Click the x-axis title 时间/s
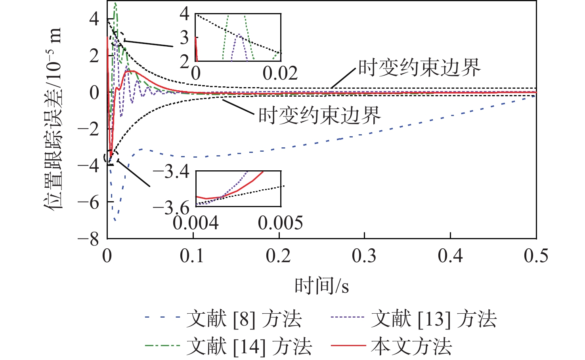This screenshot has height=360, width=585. pyautogui.click(x=321, y=285)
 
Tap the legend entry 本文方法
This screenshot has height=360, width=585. pyautogui.click(x=411, y=346)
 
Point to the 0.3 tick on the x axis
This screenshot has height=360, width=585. pyautogui.click(x=364, y=256)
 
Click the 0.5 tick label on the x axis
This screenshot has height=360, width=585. pyautogui.click(x=536, y=256)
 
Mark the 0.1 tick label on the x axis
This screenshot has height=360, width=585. pyautogui.click(x=193, y=256)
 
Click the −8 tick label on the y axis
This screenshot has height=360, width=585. pyautogui.click(x=89, y=239)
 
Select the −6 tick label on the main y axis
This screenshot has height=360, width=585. pyautogui.click(x=89, y=202)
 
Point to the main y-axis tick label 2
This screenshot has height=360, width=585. pyautogui.click(x=94, y=56)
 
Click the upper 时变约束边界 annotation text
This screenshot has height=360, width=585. pyautogui.click(x=419, y=68)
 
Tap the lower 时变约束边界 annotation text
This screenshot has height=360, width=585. pyautogui.click(x=319, y=115)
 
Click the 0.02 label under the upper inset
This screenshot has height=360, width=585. pyautogui.click(x=280, y=73)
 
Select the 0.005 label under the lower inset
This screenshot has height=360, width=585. pyautogui.click(x=280, y=223)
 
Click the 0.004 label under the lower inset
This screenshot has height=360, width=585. pyautogui.click(x=195, y=223)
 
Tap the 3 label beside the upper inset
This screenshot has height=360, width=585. pyautogui.click(x=184, y=38)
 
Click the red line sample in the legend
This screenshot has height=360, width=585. pyautogui.click(x=348, y=346)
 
